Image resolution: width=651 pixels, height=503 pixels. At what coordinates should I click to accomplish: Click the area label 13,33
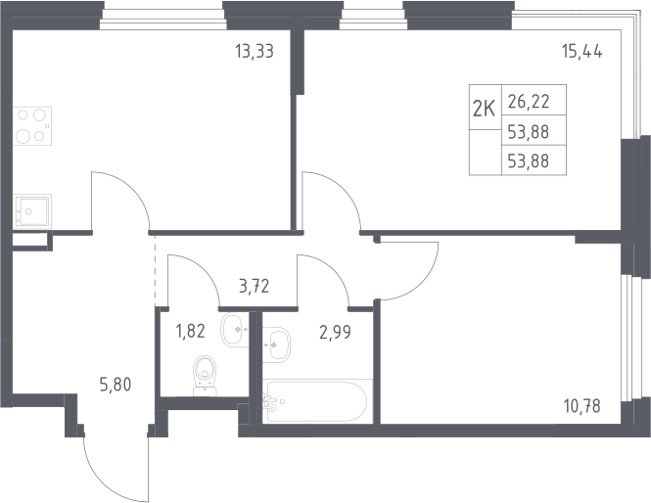(x=255, y=52)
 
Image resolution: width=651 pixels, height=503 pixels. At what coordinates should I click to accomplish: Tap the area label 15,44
(x=582, y=52)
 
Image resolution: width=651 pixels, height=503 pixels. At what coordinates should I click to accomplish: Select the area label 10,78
(x=582, y=406)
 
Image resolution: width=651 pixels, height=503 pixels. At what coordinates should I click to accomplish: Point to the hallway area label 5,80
(x=116, y=385)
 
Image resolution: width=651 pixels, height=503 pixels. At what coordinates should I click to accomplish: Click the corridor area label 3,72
(x=255, y=286)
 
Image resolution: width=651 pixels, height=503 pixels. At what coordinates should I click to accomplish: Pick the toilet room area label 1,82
(x=191, y=331)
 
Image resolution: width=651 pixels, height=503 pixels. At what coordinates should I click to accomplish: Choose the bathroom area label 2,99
(x=335, y=332)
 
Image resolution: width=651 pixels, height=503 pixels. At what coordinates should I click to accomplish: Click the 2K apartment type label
(x=485, y=110)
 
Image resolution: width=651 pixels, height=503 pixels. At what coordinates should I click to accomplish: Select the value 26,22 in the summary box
(x=529, y=101)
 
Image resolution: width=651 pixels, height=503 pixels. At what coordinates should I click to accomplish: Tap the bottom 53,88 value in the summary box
(x=529, y=160)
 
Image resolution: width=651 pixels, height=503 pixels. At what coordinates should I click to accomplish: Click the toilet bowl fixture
(x=206, y=376)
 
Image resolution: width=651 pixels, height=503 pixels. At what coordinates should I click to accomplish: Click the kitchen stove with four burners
(x=32, y=125)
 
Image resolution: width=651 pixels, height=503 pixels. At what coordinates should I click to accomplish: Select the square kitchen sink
(x=32, y=210)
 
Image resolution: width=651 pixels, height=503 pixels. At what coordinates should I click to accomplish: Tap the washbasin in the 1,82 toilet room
(x=235, y=330)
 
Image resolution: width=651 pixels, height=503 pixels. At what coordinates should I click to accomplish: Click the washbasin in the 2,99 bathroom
(x=276, y=344)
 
